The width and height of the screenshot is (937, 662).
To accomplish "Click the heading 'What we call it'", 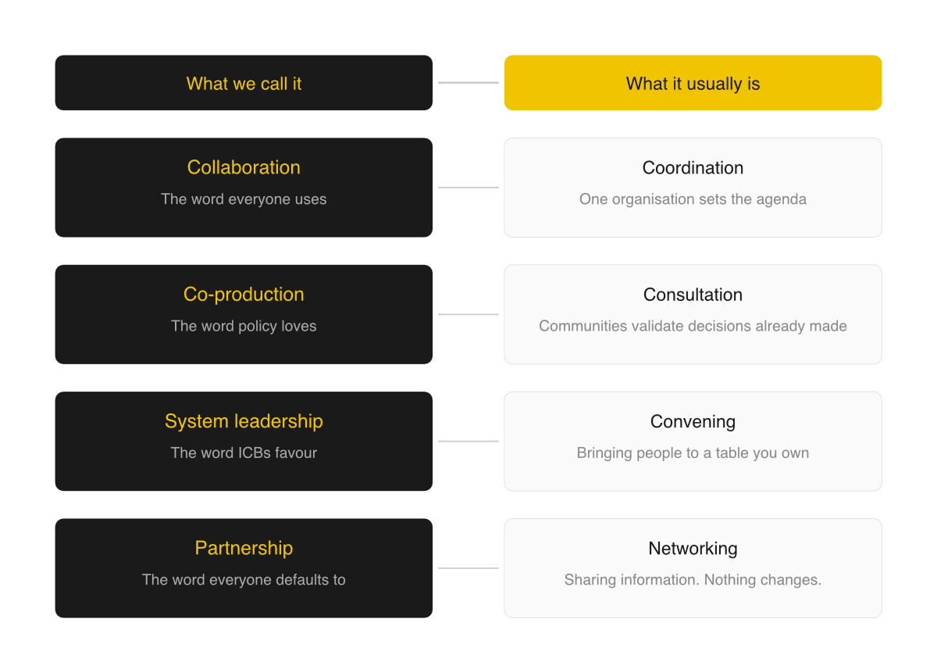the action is [x=244, y=84].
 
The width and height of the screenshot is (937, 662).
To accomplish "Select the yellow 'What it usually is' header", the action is [x=693, y=83].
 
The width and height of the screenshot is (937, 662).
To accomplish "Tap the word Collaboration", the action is [x=244, y=167].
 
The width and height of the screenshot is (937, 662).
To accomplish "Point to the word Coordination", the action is [x=693, y=168].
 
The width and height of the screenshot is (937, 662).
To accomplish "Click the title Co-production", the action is [x=244, y=295].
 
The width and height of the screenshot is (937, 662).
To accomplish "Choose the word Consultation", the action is [x=693, y=295].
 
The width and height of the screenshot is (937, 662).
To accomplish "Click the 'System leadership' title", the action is [x=244, y=421].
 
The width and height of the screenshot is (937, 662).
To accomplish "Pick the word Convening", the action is [x=693, y=421].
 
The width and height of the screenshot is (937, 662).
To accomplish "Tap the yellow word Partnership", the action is [x=244, y=549].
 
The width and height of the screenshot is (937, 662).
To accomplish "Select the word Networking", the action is [x=693, y=549].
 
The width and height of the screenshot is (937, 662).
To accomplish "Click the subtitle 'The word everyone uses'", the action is [x=244, y=199].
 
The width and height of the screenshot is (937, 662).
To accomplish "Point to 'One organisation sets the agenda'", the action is [x=693, y=199].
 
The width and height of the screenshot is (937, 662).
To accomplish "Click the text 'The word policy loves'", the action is [x=244, y=326].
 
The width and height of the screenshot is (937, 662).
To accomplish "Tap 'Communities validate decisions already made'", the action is [x=693, y=326].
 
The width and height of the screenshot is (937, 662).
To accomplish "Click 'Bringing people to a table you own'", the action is [x=693, y=453].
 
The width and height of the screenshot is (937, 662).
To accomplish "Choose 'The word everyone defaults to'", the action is [x=244, y=580].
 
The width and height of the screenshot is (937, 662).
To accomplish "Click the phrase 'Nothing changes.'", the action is [x=763, y=580].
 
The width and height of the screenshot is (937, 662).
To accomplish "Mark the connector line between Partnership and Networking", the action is [x=468, y=568].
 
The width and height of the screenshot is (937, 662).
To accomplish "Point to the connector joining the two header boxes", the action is [x=468, y=83].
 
